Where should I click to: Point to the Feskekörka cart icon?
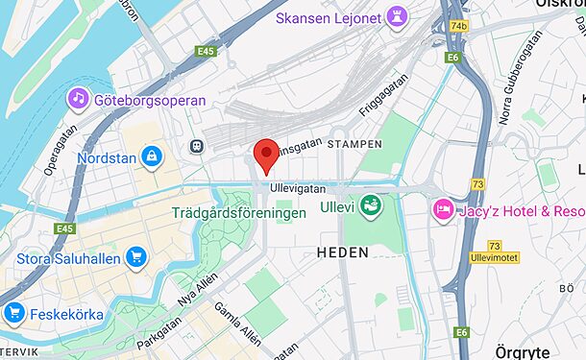click(x=13, y=312)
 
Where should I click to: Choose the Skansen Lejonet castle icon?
click(x=398, y=17)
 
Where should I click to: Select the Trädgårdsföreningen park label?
click(x=239, y=212)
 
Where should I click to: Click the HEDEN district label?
click(x=342, y=252)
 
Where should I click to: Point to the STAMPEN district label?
click(x=354, y=144)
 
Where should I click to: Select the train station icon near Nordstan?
click(x=197, y=146)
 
